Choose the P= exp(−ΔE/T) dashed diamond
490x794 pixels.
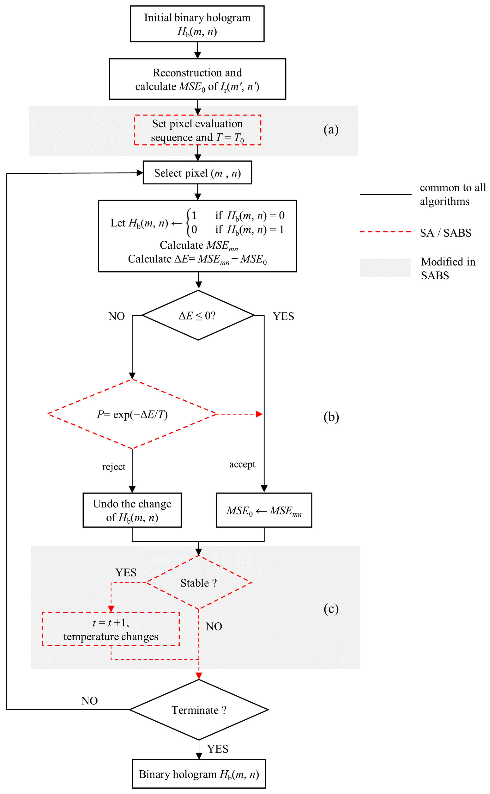point(132,414)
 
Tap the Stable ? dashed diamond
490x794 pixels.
point(199,583)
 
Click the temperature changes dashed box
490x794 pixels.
point(111,629)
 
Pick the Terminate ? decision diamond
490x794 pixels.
point(199,710)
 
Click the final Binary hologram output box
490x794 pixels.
point(199,774)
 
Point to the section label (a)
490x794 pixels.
point(331,130)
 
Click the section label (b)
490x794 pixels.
point(331,417)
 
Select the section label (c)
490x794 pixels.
point(331,609)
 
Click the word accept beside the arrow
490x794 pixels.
point(242,464)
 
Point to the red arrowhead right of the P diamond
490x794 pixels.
point(259,414)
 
